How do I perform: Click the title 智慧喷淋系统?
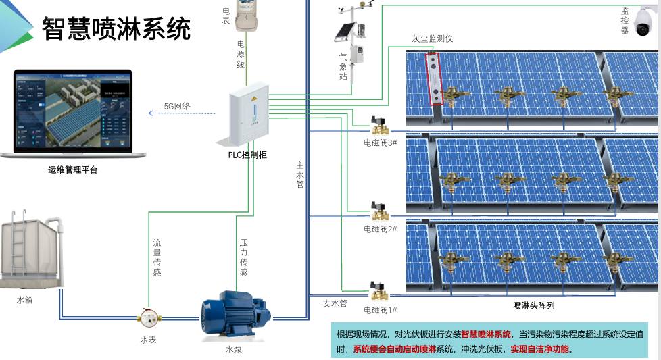coord(116,29)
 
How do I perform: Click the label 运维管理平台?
coord(73,170)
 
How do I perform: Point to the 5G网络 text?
coord(177,106)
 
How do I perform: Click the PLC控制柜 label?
coord(247,155)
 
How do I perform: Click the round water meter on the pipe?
coord(147,316)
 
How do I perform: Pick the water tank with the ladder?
coord(32,251)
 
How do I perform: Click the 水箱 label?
coord(24,298)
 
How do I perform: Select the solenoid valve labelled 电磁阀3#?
coord(380,126)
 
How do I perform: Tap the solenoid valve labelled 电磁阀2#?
coord(380,212)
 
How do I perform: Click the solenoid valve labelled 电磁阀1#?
coord(380,292)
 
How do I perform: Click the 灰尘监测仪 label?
coord(433,38)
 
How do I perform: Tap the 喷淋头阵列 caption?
coord(533,305)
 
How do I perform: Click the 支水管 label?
coord(335,303)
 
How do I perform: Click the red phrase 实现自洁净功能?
coord(541,349)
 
